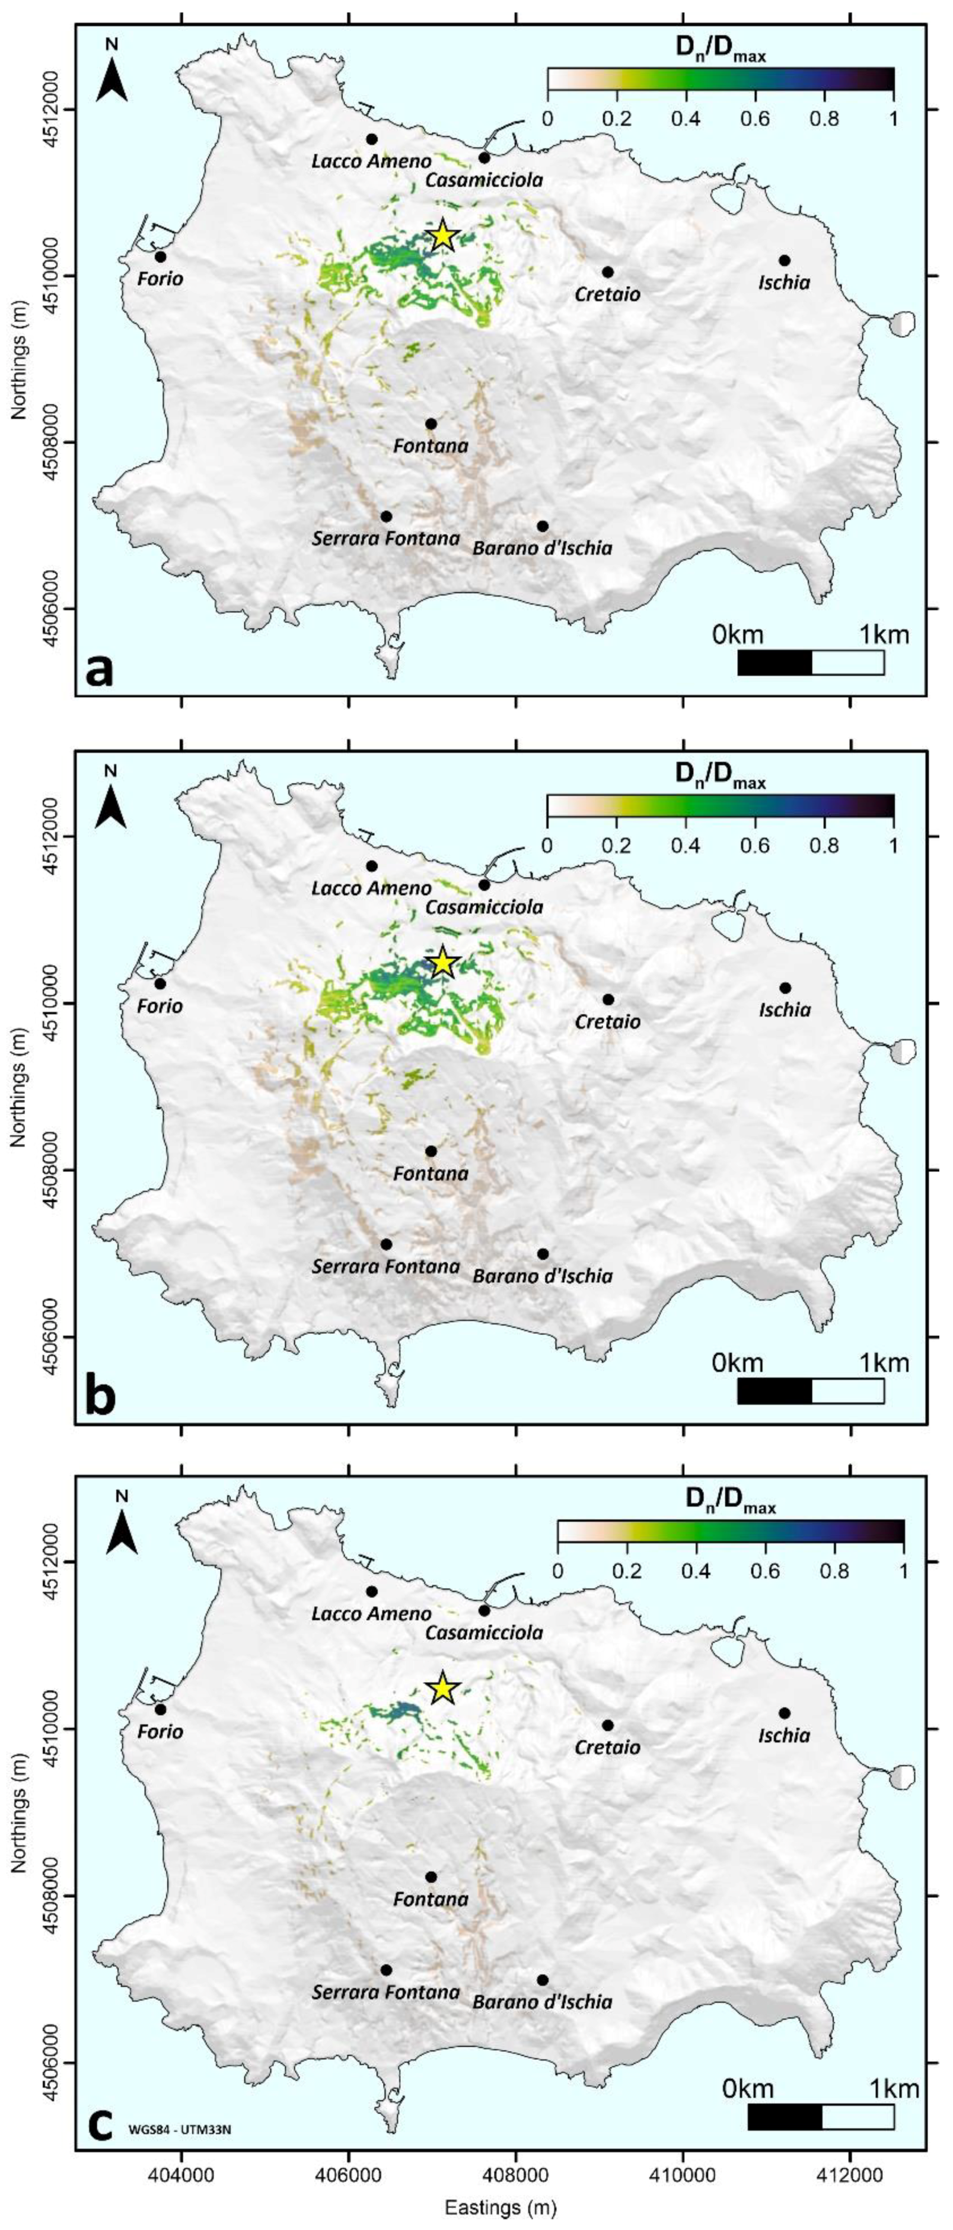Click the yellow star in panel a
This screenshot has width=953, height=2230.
point(442,235)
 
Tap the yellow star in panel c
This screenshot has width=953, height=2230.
point(442,1688)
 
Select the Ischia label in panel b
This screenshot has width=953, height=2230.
point(784,1009)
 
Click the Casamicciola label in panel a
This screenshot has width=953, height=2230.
point(484,180)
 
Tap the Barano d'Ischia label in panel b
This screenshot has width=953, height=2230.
point(543,1275)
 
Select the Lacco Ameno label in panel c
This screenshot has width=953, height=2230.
point(371,1614)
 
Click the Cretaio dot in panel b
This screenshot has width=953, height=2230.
point(608,999)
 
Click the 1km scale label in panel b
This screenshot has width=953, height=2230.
point(884,1362)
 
